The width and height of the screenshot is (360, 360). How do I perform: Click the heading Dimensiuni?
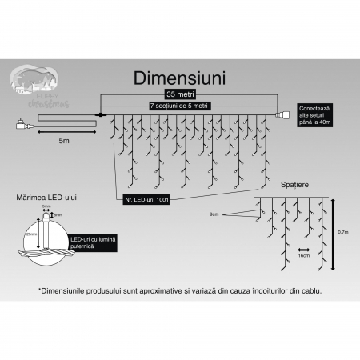[180, 78]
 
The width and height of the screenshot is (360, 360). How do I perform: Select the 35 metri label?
[178, 94]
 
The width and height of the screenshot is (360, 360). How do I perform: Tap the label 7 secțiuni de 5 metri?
[179, 105]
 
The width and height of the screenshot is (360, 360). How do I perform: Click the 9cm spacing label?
[214, 214]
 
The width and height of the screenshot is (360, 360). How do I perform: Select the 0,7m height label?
[342, 233]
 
